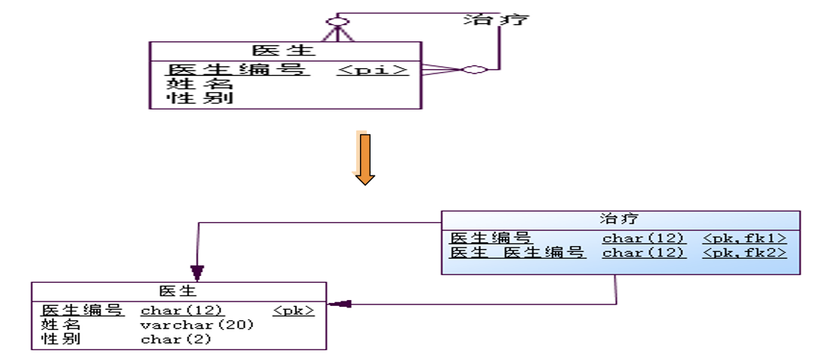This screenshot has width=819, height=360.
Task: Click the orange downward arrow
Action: [364, 158]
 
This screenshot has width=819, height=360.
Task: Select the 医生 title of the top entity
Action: [284, 51]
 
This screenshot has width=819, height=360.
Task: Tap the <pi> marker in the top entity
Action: [373, 70]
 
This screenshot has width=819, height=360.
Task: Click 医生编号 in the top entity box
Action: [237, 70]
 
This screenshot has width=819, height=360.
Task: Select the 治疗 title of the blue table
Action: [619, 219]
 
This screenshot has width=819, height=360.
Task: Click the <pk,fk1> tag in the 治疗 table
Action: [744, 238]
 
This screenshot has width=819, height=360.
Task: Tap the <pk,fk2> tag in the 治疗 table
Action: [744, 253]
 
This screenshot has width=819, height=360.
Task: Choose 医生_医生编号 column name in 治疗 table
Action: [517, 253]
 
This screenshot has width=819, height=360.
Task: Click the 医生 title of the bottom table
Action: [178, 291]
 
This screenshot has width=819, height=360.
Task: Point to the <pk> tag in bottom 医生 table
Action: [293, 310]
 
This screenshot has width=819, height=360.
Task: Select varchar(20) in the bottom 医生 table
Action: [197, 325]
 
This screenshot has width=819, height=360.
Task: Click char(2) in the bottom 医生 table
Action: [176, 340]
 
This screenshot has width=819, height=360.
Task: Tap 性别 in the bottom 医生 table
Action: [61, 340]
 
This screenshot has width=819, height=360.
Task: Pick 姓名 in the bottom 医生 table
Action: [61, 325]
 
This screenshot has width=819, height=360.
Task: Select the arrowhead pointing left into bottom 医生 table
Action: [339, 304]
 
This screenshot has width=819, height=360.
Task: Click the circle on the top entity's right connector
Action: [474, 70]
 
